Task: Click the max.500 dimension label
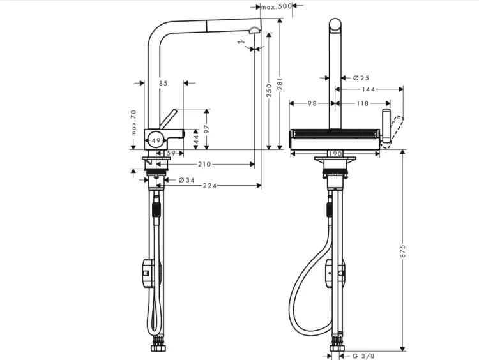[277, 6]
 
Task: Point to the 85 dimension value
[163, 83]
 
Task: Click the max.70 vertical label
[133, 123]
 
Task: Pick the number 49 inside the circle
[156, 140]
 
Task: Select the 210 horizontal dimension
[204, 165]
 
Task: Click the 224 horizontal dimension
[208, 186]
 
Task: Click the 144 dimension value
[369, 89]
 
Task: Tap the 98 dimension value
[312, 103]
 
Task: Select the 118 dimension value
[362, 103]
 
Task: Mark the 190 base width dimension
[336, 154]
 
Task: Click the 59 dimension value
[171, 153]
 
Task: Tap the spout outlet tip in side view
[255, 29]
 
